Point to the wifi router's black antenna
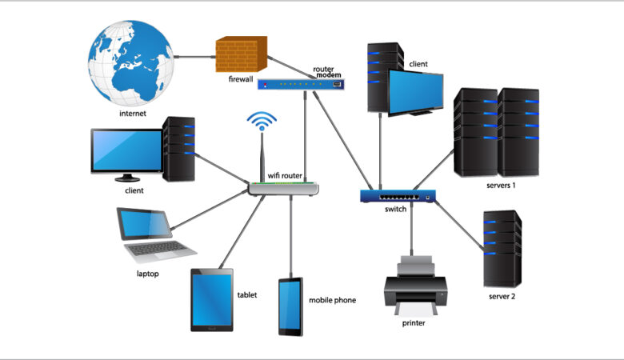click(x=262, y=160)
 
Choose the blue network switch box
click(x=398, y=195)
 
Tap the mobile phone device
click(x=290, y=306)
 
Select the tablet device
click(x=212, y=300)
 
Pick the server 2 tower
click(x=502, y=248)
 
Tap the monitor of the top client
click(x=415, y=89)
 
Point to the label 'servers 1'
click(x=501, y=186)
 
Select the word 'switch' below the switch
click(x=396, y=210)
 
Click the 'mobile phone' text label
click(x=332, y=300)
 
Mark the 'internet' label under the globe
click(x=133, y=113)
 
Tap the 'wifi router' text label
click(x=285, y=175)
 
